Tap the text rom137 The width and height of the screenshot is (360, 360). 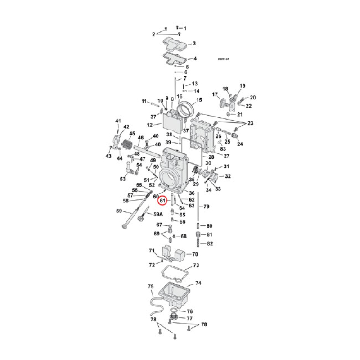click(x=224, y=58)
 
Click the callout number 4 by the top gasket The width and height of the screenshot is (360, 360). click(x=194, y=58)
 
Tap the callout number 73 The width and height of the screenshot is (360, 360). click(x=196, y=266)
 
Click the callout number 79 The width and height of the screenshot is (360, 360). click(x=207, y=207)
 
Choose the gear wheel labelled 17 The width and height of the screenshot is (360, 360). click(x=222, y=104)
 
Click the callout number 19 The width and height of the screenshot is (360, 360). click(x=243, y=86)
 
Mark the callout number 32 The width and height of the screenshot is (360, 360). click(x=228, y=176)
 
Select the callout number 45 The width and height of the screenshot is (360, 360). click(x=132, y=134)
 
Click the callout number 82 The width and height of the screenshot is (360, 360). click(x=209, y=244)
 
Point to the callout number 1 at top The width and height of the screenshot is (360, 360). click(x=185, y=28)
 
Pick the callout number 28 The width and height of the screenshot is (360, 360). click(x=211, y=157)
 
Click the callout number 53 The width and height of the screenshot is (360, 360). click(x=122, y=179)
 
